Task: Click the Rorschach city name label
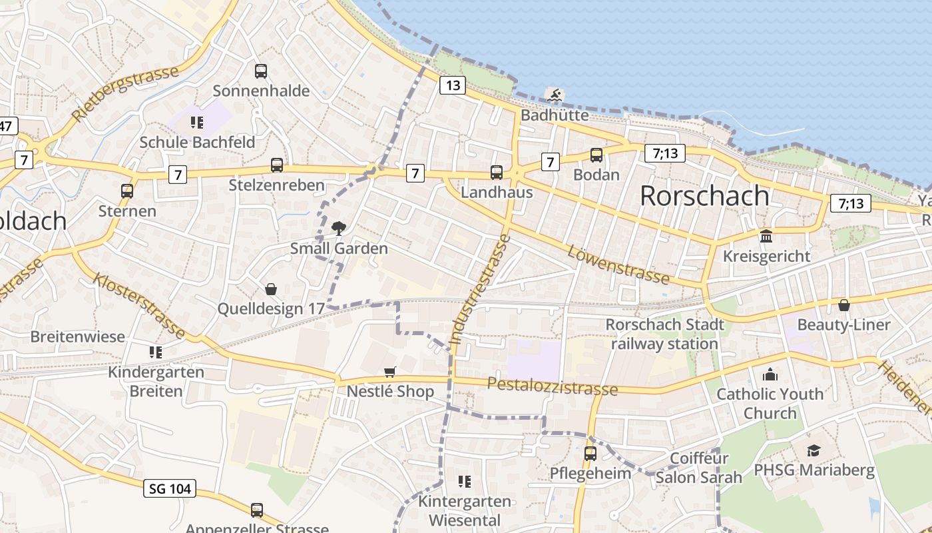704,195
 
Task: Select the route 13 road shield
452,85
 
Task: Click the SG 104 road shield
170,488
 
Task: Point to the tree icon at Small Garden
338,229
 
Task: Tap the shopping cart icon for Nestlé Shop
390,372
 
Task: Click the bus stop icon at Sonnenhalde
261,71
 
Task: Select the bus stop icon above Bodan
596,155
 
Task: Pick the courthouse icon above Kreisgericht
766,236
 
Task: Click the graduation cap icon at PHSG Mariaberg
814,450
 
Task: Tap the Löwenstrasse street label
618,264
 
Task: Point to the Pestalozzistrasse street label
553,386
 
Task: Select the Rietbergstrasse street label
124,93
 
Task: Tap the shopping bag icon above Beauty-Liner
843,305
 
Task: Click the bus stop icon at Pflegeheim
590,454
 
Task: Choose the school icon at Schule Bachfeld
196,122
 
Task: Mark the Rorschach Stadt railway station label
664,334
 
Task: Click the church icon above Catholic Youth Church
770,374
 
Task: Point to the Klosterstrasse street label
139,305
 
